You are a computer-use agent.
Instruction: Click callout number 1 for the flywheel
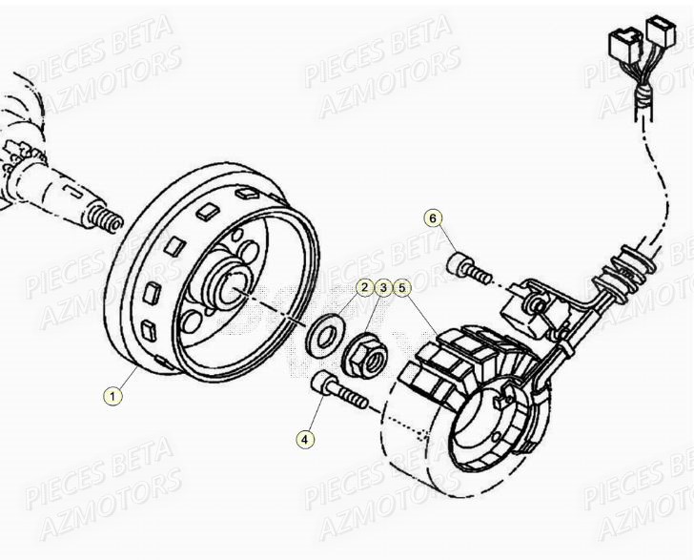[x=113, y=396]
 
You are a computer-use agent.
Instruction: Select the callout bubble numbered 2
[x=365, y=286]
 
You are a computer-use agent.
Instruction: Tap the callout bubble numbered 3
[x=383, y=286]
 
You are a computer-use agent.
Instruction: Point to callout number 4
[x=304, y=439]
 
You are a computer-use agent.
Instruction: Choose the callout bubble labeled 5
[x=402, y=286]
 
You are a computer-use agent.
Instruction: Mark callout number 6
[x=434, y=218]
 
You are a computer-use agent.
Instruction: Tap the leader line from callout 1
[x=132, y=378]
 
